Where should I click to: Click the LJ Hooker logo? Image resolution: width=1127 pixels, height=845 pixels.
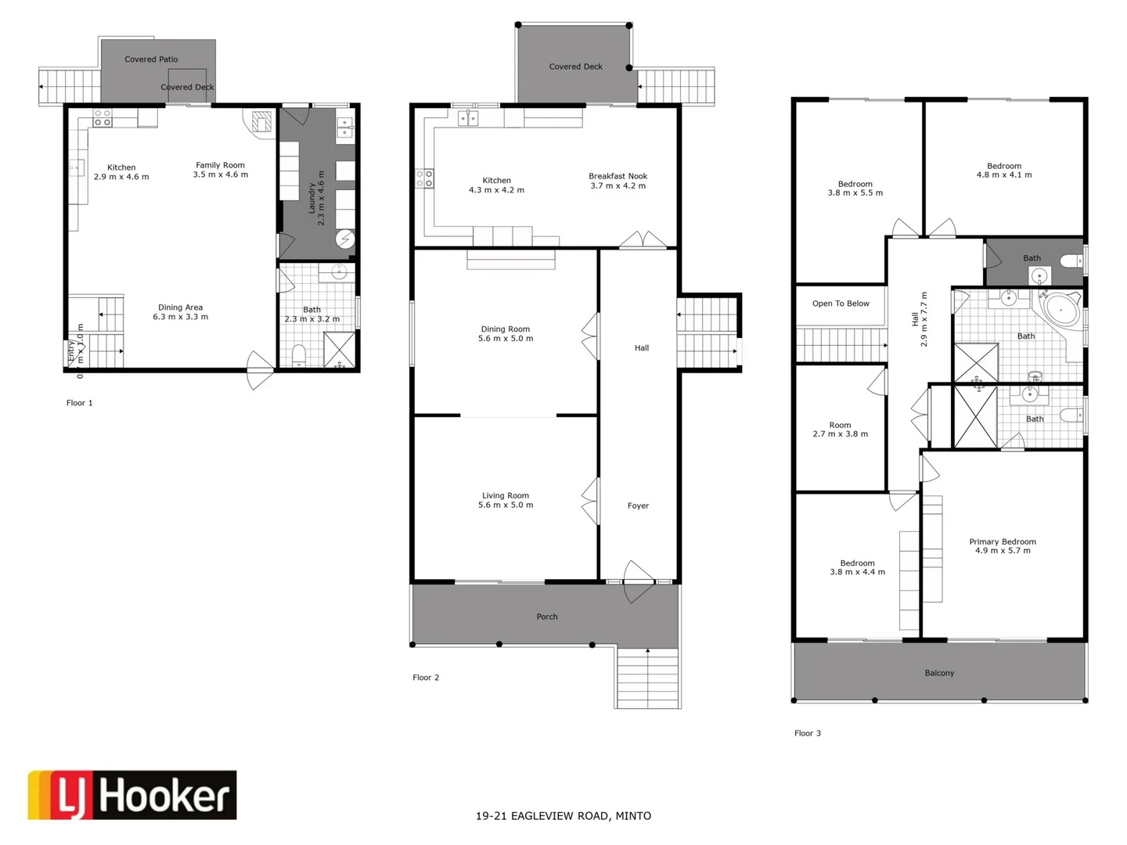131,795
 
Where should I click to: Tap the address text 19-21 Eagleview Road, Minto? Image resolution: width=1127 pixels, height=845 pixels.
563,815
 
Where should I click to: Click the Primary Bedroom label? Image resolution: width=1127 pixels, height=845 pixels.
1002,546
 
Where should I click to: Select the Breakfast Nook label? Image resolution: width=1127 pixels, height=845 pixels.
618,181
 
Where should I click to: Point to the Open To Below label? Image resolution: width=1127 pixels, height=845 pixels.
841,304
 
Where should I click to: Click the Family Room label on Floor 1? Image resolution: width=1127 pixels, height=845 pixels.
220,170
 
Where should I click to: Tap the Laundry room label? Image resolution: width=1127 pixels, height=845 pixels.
316,199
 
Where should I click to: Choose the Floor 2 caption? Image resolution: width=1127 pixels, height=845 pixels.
426,678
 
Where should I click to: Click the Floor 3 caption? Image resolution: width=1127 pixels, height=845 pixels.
807,733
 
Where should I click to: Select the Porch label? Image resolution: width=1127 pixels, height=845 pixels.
547,617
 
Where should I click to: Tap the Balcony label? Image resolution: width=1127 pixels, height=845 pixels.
939,673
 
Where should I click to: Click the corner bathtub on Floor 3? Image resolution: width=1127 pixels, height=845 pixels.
1061,310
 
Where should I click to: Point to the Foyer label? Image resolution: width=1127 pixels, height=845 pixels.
638,505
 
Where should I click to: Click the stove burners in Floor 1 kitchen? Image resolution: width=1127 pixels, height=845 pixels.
103,118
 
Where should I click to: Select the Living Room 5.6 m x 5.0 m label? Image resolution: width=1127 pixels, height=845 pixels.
506,500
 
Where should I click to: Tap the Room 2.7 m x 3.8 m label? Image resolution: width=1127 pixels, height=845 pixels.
840,430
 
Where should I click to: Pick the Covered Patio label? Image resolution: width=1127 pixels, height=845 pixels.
151,59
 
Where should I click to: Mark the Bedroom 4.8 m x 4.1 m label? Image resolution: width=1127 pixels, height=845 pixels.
1003,171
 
